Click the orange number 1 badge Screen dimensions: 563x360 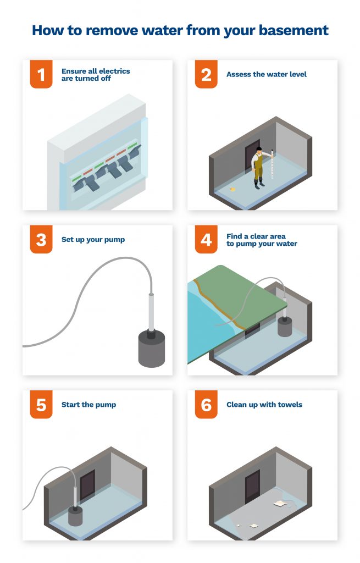click(41, 74)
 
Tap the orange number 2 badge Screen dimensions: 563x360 click(206, 74)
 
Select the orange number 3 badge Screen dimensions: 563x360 click(41, 240)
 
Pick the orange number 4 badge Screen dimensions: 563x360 click(206, 240)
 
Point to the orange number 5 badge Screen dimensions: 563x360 click(41, 405)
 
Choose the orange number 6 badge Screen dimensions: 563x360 click(206, 405)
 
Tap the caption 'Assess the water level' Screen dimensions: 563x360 click(267, 74)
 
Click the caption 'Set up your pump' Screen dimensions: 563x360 click(93, 240)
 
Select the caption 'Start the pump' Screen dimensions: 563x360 click(88, 405)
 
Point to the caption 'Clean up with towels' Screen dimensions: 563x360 click(264, 405)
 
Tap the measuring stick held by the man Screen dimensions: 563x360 click(270, 165)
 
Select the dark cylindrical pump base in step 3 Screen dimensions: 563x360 click(151, 349)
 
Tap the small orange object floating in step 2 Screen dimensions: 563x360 click(234, 190)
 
